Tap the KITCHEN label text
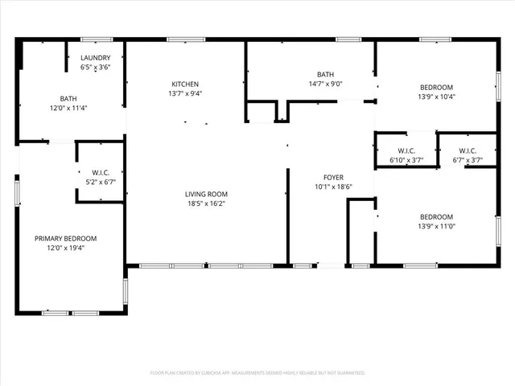click(185, 84)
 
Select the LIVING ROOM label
click(207, 194)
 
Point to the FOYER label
click(333, 178)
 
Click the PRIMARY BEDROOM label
click(65, 238)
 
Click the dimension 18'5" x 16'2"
click(207, 203)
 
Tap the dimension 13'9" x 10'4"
click(436, 96)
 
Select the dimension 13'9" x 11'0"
click(436, 226)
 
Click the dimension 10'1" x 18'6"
click(333, 187)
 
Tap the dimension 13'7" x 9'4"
click(185, 93)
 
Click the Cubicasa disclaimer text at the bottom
click(257, 372)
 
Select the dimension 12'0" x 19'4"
click(65, 248)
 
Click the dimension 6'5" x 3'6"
click(96, 68)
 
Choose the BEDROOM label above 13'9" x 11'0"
click(436, 216)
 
